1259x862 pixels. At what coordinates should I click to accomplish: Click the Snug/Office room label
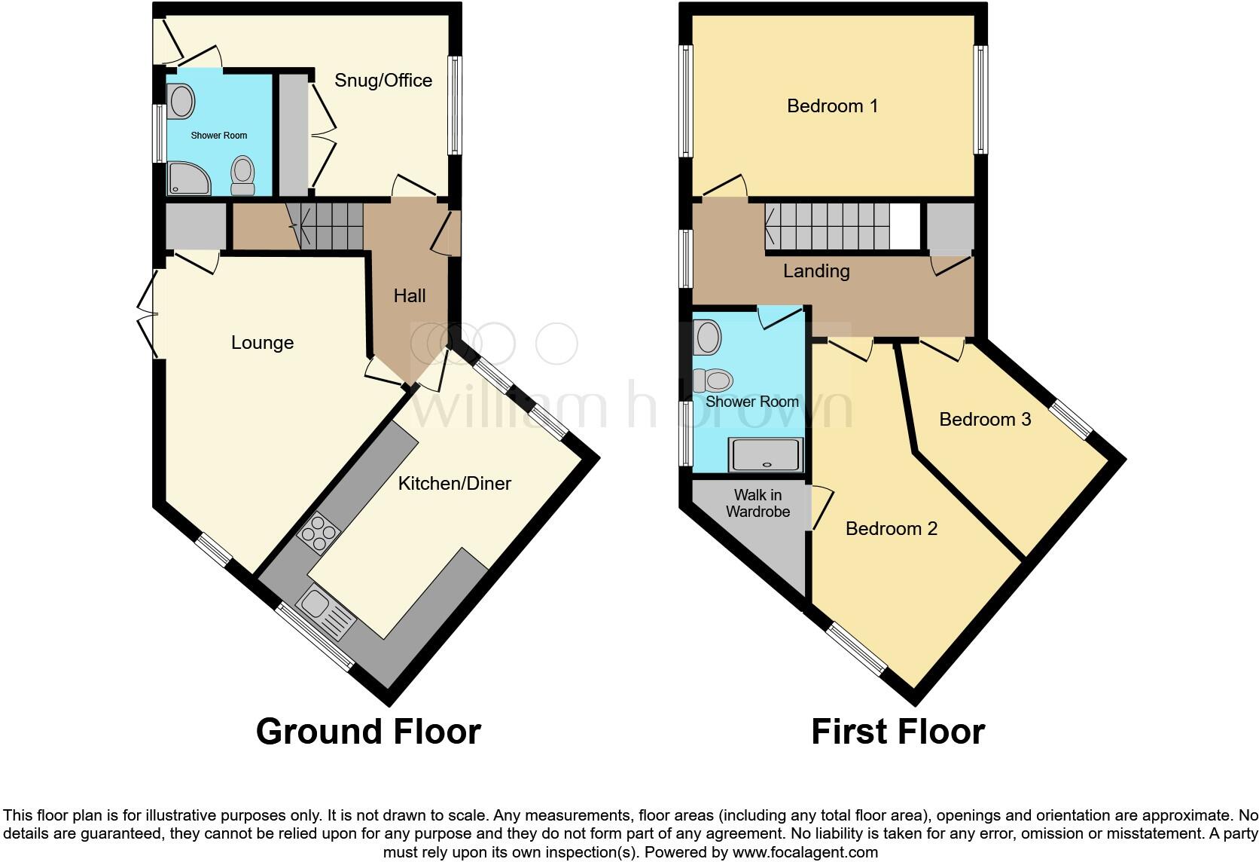383,81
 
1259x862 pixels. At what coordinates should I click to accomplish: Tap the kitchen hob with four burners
319,533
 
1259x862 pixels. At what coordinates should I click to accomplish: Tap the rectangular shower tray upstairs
765,454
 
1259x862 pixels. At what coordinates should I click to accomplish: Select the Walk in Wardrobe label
758,503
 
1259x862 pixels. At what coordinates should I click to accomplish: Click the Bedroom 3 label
984,420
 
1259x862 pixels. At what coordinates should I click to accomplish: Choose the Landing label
816,271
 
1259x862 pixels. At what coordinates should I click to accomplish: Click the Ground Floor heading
368,732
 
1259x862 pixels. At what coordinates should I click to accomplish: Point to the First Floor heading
898,732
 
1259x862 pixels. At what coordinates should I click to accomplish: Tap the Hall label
410,296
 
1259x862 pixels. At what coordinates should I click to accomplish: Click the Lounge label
262,343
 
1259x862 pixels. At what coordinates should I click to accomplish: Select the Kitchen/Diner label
454,484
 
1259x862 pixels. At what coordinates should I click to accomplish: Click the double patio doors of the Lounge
147,314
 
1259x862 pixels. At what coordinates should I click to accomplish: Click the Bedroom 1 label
832,106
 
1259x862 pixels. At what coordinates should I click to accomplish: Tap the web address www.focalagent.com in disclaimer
804,853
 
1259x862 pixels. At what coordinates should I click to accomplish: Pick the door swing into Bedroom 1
725,186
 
